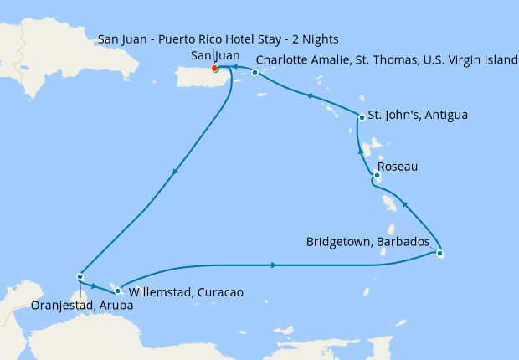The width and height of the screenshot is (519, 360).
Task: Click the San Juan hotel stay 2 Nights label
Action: tap(218, 39)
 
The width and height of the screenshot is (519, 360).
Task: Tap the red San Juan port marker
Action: tap(215, 68)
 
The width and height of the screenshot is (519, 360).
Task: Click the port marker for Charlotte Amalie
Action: tap(255, 73)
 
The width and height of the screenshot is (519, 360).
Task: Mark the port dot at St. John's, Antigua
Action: tap(362, 117)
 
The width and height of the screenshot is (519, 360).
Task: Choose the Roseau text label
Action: tap(398, 167)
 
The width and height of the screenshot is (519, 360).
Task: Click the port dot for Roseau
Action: tap(377, 175)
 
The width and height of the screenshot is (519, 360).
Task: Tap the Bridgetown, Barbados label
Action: tap(373, 242)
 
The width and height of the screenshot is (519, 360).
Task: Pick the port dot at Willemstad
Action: tap(118, 291)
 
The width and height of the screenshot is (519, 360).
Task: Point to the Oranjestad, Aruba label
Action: tap(81, 306)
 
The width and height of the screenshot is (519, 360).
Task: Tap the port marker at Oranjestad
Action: tap(80, 276)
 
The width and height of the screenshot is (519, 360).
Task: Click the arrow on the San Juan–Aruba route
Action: tap(174, 172)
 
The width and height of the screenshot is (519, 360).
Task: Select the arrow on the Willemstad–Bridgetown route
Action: tap(275, 265)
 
